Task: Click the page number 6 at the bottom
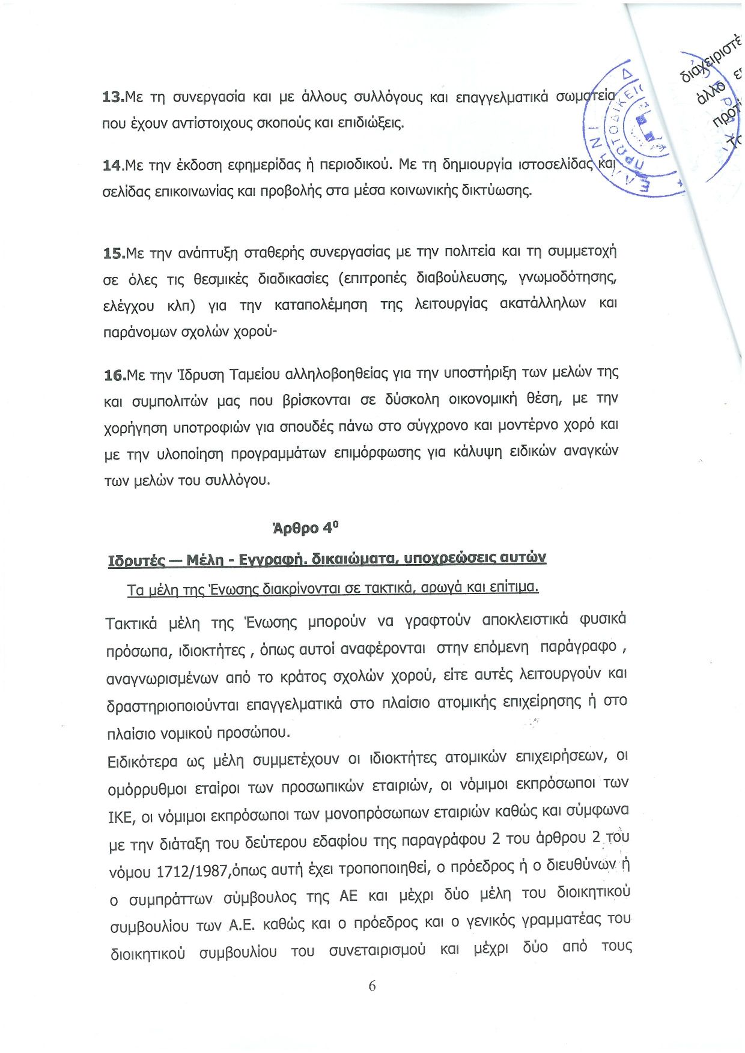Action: point(372,986)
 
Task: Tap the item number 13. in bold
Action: point(113,97)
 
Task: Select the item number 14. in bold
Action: point(113,165)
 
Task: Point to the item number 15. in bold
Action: point(114,253)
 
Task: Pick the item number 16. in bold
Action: point(114,375)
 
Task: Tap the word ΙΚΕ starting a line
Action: point(121,817)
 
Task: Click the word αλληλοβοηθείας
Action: point(336,374)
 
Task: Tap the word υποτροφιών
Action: point(212,428)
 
